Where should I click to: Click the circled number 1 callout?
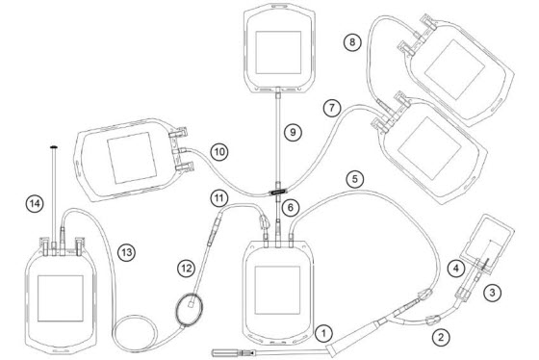pyautogui.click(x=323, y=333)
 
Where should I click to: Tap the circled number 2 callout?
pyautogui.click(x=441, y=337)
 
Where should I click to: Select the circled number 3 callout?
pyautogui.click(x=492, y=293)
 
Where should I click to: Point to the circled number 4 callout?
pyautogui.click(x=456, y=268)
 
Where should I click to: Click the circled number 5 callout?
pyautogui.click(x=355, y=179)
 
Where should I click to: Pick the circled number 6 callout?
pyautogui.click(x=291, y=207)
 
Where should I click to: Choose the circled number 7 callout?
pyautogui.click(x=332, y=108)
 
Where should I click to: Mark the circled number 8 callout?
pyautogui.click(x=352, y=42)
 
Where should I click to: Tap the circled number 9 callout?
pyautogui.click(x=293, y=133)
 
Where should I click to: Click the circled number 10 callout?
pyautogui.click(x=219, y=152)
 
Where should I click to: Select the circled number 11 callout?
pyautogui.click(x=219, y=198)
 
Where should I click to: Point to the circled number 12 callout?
pyautogui.click(x=187, y=269)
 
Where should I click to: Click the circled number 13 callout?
pyautogui.click(x=126, y=253)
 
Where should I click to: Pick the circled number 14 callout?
pyautogui.click(x=35, y=204)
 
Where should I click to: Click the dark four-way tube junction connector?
pyautogui.click(x=278, y=193)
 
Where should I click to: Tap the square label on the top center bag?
pyautogui.click(x=278, y=52)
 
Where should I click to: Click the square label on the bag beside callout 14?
pyautogui.click(x=60, y=298)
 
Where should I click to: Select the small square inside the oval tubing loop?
pyautogui.click(x=192, y=304)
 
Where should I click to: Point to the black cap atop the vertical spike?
pyautogui.click(x=54, y=147)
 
